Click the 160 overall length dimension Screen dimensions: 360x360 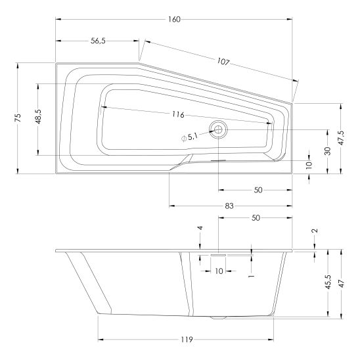tap(174, 20)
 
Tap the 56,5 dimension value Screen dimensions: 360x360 tap(98, 41)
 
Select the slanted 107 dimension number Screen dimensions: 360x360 tap(223, 62)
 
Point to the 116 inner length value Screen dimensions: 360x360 tap(179, 114)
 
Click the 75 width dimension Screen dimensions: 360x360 tap(18, 118)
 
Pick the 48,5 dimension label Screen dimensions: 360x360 tap(38, 117)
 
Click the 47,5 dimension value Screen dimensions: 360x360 tap(342, 138)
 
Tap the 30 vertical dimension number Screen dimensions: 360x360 tap(328, 151)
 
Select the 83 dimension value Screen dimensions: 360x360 tap(229, 206)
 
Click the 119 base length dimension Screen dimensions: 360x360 tap(187, 340)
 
